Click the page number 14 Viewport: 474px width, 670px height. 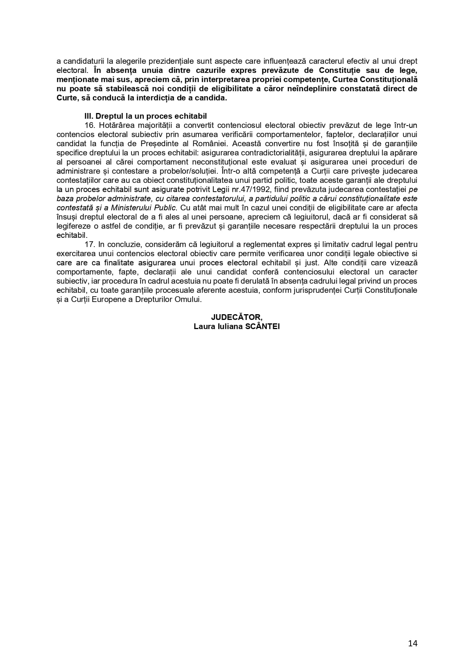pos(413,643)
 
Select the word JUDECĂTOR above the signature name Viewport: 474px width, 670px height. pos(236,317)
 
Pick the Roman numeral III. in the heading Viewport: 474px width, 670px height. pos(89,116)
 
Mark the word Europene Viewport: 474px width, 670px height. pos(106,299)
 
